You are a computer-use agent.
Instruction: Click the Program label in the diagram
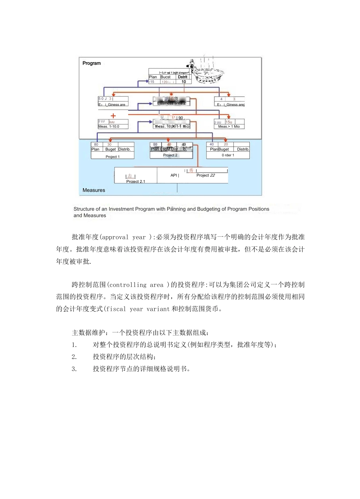point(92,63)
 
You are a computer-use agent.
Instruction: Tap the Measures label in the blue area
point(94,190)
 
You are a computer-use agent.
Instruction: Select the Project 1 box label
point(113,157)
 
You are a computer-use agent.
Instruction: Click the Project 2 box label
point(170,155)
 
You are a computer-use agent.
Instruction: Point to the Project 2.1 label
point(136,181)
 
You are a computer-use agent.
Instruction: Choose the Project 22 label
point(205,175)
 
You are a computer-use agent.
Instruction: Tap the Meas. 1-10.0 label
point(109,126)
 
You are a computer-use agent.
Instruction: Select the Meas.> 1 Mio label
point(229,126)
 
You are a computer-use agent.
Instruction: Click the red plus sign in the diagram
point(113,116)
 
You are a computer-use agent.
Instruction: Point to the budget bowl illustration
point(207,72)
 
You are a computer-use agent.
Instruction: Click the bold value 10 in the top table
point(183,82)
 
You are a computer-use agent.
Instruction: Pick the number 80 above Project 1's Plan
point(96,145)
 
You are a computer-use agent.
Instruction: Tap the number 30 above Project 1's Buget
point(110,145)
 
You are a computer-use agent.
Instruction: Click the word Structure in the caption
point(84,209)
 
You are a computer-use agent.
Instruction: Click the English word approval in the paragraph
point(115,237)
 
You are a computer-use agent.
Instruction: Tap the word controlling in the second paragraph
point(128,285)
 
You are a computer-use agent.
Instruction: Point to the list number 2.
point(74,357)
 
